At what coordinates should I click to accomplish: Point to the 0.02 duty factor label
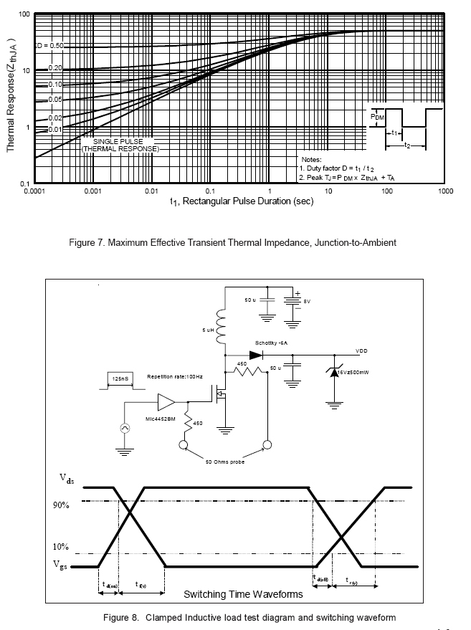[x=55, y=118]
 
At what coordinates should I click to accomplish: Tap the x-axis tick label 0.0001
[x=34, y=192]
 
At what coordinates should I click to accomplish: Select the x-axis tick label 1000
[x=444, y=192]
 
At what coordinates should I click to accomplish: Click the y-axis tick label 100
[x=24, y=14]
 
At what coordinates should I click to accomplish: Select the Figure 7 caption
[x=232, y=243]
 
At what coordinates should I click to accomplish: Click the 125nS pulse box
[x=120, y=378]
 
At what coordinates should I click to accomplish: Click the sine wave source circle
[x=124, y=428]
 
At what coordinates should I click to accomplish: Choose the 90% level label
[x=61, y=505]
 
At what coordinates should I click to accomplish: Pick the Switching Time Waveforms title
[x=243, y=594]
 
